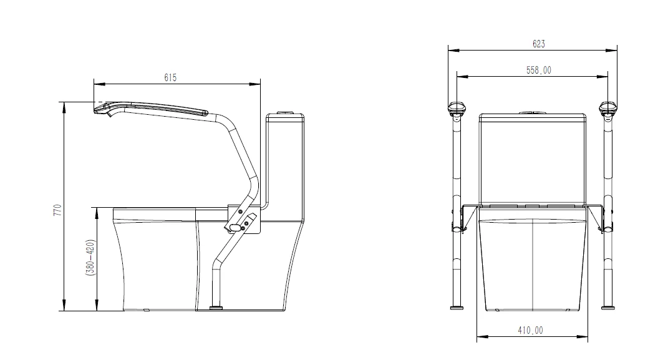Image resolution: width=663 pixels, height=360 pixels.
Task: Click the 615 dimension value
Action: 170,77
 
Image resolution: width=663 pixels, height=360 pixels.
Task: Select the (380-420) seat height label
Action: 90,260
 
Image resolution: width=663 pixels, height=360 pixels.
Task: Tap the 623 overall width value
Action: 538,44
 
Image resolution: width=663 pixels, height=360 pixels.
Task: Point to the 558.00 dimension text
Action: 538,71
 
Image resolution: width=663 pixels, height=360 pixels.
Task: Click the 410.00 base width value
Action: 531,331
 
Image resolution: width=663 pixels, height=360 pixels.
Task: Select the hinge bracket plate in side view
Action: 244,219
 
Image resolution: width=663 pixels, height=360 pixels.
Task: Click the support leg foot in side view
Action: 216,306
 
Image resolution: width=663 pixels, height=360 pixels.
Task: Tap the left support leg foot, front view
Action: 457,306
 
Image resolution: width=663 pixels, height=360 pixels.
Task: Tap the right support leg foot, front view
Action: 608,306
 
